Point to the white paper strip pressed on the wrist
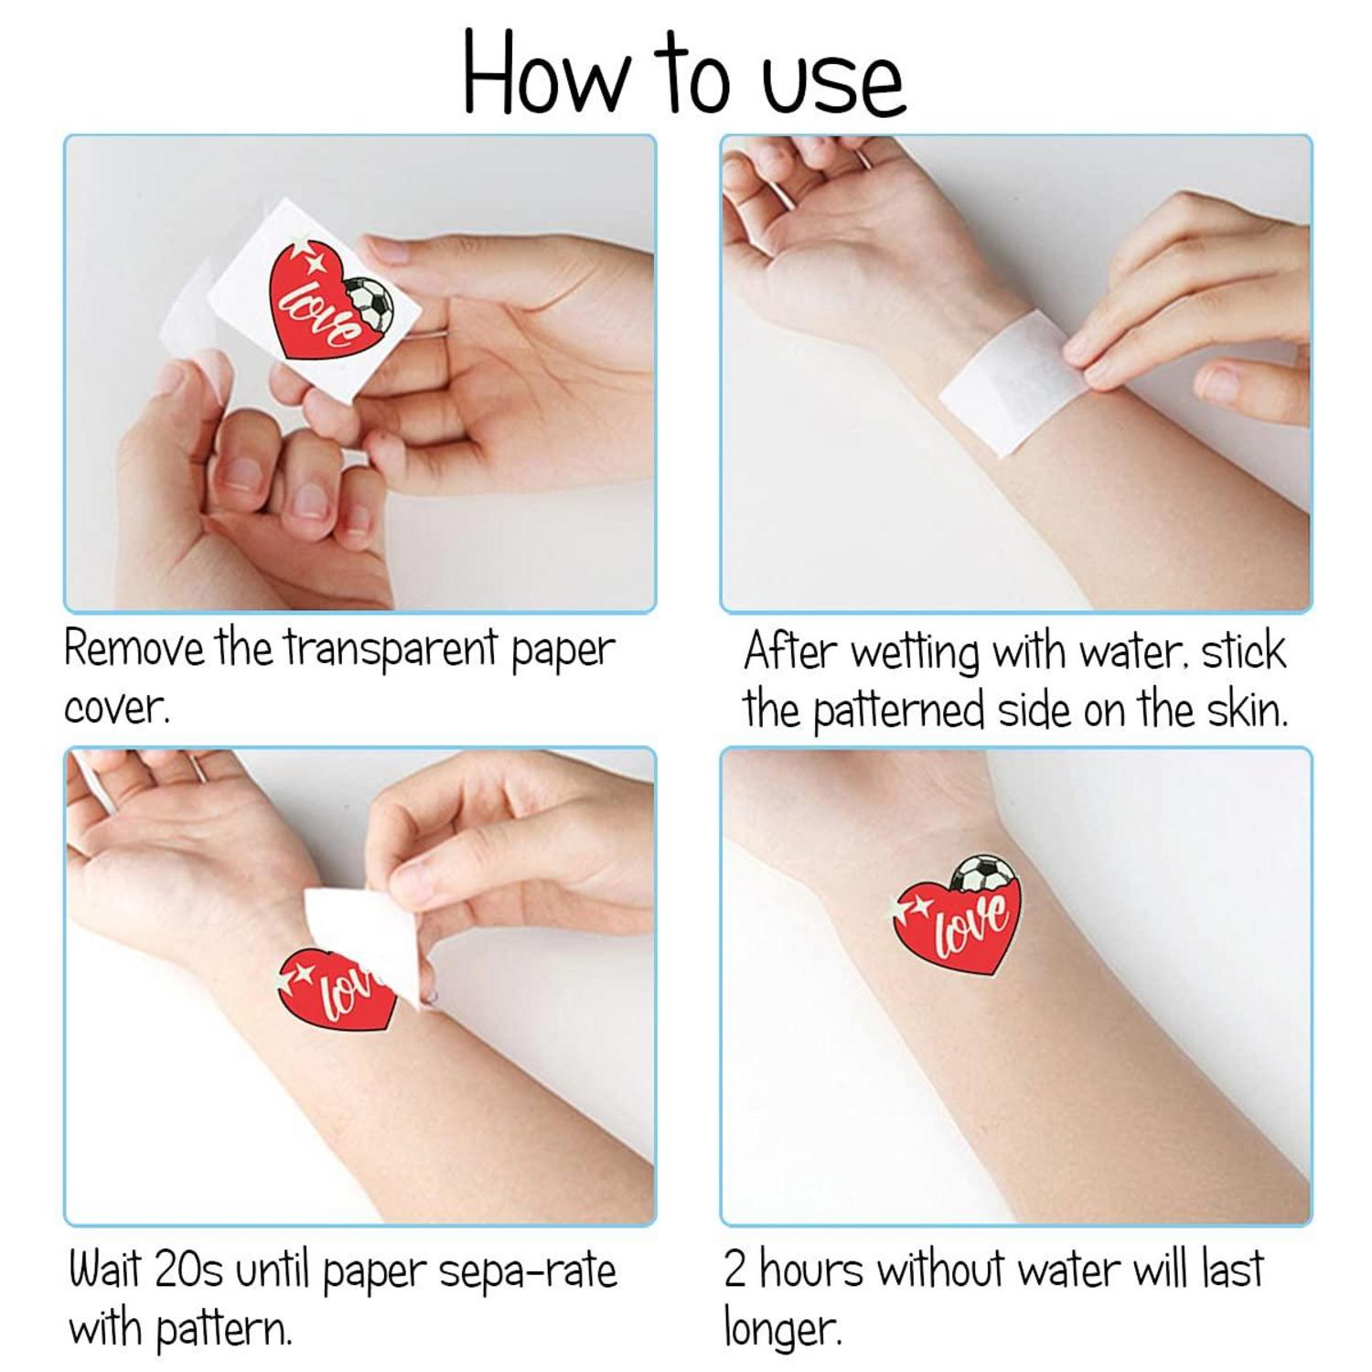click(1011, 382)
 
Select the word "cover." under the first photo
click(116, 708)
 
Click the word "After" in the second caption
click(790, 651)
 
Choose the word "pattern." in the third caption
click(223, 1329)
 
